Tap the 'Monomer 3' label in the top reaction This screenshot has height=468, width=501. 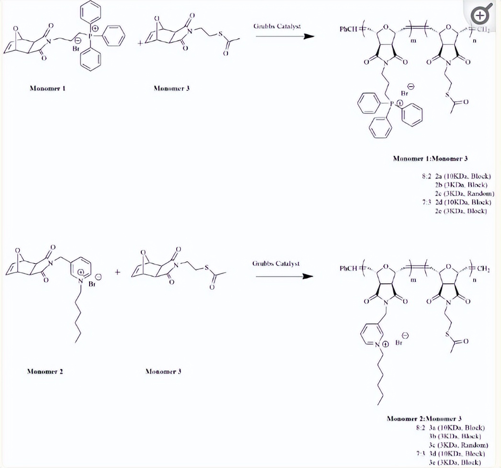(x=171, y=88)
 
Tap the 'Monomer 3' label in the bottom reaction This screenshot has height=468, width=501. (x=163, y=371)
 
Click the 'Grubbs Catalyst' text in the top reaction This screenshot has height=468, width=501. (x=277, y=26)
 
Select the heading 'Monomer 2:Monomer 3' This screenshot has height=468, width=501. (x=424, y=419)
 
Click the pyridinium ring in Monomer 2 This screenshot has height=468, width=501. (x=81, y=267)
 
